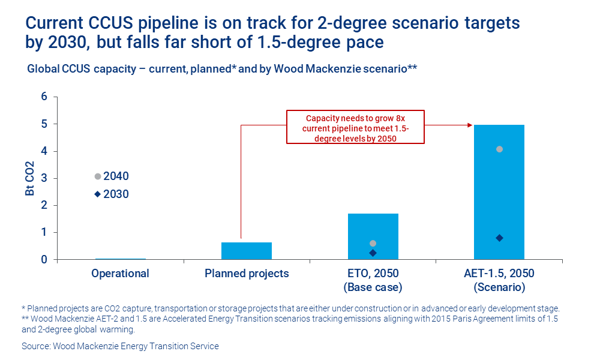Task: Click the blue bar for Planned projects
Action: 247,251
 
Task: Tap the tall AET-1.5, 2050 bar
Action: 499,192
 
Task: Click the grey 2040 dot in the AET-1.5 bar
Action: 499,149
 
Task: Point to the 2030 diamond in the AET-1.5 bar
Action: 499,238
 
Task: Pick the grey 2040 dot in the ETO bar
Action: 373,244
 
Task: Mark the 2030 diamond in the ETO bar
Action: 373,253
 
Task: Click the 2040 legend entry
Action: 112,176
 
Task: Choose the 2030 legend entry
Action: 112,194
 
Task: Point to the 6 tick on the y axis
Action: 44,97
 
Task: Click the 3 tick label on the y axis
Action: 44,178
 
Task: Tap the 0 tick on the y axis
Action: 44,260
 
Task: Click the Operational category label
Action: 120,274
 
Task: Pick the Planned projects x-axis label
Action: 247,274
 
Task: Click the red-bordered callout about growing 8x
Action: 355,127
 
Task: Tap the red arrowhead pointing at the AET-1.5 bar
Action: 470,125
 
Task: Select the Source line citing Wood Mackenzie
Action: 120,346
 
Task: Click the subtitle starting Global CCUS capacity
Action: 222,68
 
